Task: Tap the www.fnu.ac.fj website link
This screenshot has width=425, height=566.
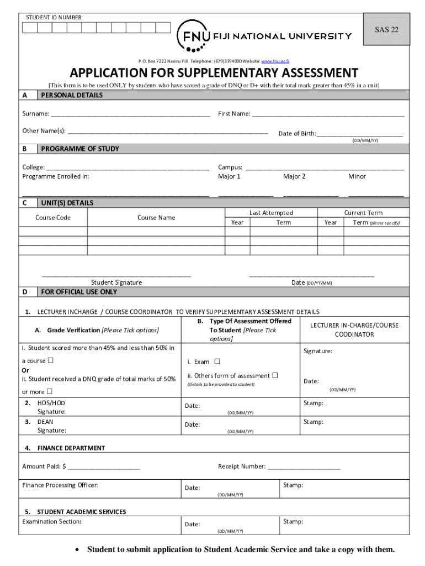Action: tap(275, 60)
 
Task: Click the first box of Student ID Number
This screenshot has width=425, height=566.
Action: tap(29, 28)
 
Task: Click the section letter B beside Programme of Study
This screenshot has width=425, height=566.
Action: tap(25, 149)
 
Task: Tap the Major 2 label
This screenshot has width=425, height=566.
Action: tap(294, 176)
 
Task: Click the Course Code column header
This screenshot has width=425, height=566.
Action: tap(53, 218)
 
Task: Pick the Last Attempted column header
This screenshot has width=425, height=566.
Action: tap(271, 213)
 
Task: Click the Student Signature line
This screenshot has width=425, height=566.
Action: tap(116, 275)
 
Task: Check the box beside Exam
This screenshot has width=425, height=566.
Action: tap(217, 361)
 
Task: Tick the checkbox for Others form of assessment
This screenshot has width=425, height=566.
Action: tap(275, 375)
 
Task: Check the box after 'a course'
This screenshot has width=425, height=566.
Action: tap(50, 360)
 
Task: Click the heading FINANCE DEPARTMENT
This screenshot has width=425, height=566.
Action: tap(71, 448)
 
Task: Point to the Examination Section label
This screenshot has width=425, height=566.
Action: tap(52, 522)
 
